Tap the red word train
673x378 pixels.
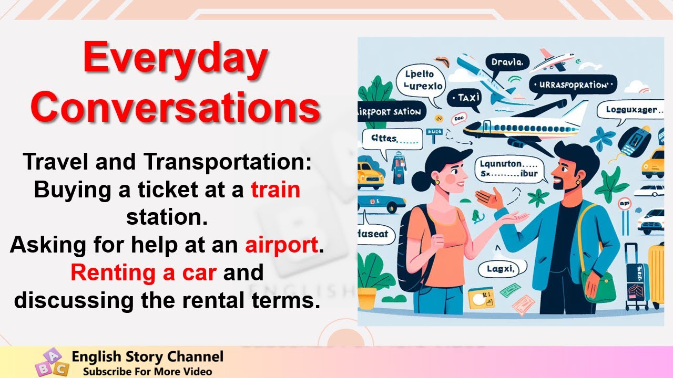coord(276,190)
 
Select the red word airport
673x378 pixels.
coord(282,245)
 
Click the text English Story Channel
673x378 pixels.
coord(147,357)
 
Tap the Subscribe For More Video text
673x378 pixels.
coord(147,371)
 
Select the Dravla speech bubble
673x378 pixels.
coord(507,62)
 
